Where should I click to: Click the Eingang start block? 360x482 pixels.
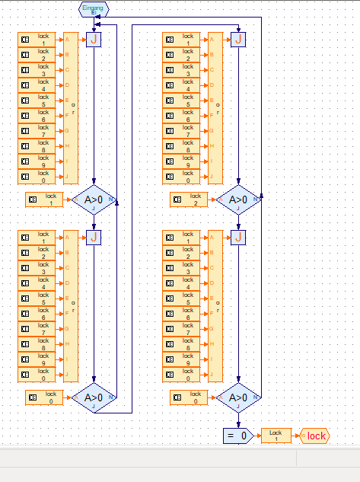(94, 9)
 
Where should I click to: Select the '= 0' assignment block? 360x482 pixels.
(238, 436)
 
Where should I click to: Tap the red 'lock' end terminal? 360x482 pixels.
(314, 436)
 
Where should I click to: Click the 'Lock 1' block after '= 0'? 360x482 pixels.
(276, 436)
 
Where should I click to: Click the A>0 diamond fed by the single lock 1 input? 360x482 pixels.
(94, 200)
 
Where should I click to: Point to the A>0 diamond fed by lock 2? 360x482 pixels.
(238, 200)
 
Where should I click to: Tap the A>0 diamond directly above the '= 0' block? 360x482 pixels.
(238, 397)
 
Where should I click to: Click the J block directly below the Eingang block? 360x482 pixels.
(94, 39)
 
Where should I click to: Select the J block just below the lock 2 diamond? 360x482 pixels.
(238, 238)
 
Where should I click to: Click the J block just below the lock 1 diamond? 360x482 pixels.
(94, 238)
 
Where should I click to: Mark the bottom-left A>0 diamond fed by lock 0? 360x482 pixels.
(94, 397)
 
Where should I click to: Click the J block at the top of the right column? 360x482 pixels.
(238, 39)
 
